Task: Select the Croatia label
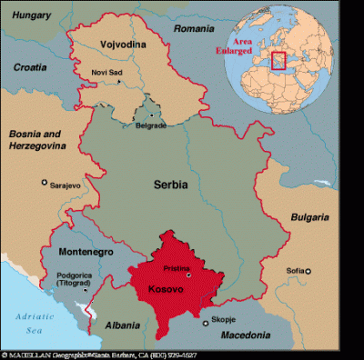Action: point(32,67)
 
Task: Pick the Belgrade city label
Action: point(150,126)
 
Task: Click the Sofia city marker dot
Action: point(308,271)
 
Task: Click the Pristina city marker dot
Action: point(188,274)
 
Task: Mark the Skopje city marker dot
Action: point(204,320)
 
